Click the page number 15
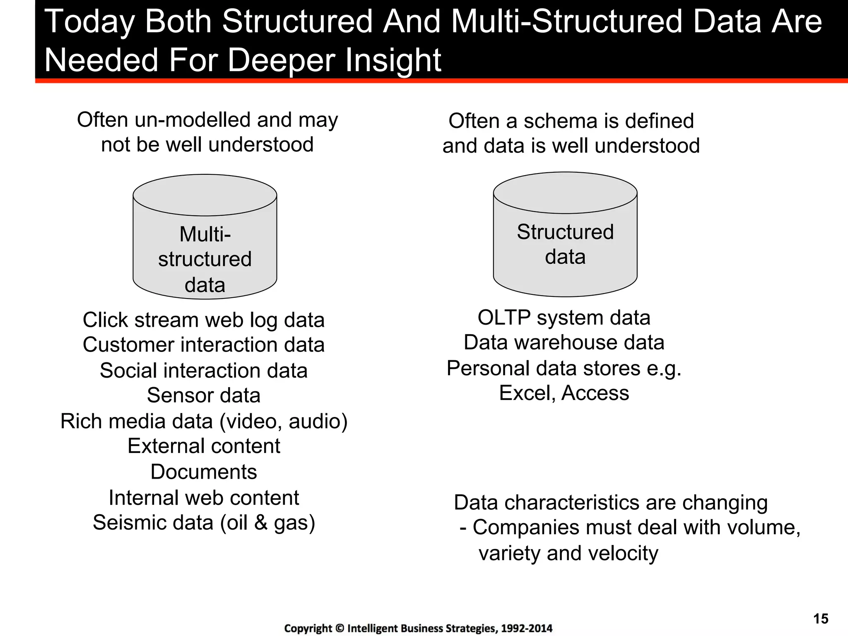[x=821, y=619]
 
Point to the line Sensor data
[x=204, y=395]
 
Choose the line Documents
[x=204, y=472]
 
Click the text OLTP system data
[x=564, y=318]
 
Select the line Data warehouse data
[x=564, y=343]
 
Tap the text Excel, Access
[x=564, y=393]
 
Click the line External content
[x=204, y=446]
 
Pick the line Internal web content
[x=204, y=498]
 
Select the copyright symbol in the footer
[x=340, y=629]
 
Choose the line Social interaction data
[x=204, y=371]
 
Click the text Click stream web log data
[x=204, y=320]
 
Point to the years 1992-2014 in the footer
[x=526, y=629]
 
